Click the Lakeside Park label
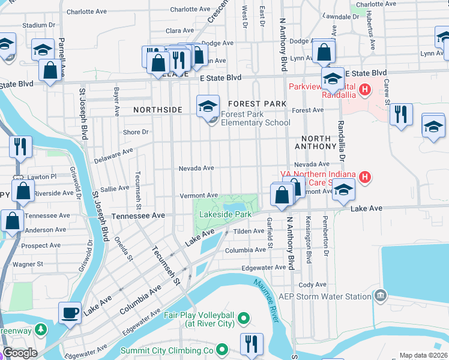(x=226, y=214)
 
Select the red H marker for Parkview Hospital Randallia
(x=364, y=91)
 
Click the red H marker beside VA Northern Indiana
(x=364, y=177)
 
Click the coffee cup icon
(x=70, y=313)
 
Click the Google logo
(x=20, y=353)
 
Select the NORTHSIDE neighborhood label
(x=157, y=110)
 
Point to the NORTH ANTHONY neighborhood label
(x=315, y=142)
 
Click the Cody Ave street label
(x=312, y=285)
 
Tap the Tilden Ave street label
(x=249, y=231)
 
